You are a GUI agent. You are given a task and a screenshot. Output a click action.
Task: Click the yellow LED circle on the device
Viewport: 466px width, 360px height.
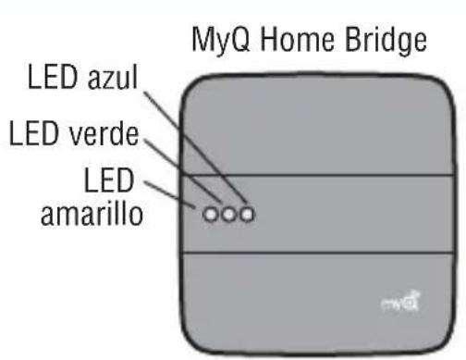click(x=213, y=216)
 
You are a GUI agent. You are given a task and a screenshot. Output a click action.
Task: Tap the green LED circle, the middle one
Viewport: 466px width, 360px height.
click(x=229, y=216)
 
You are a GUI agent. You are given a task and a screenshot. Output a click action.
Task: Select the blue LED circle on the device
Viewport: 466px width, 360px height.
click(x=246, y=216)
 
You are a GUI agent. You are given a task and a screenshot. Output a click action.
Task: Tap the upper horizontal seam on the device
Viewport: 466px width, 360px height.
click(x=305, y=176)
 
